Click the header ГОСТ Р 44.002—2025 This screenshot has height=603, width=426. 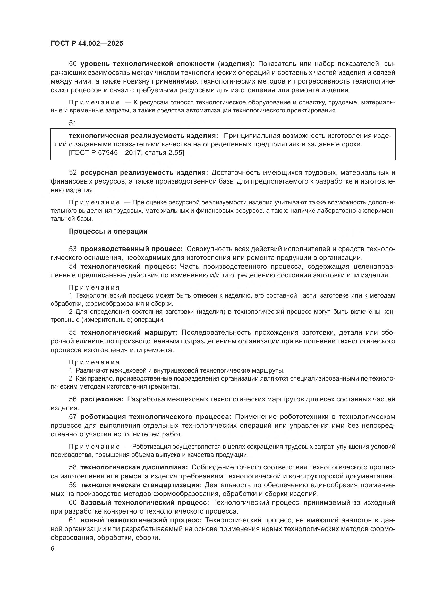click(x=87, y=44)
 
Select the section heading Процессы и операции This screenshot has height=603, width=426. click(x=108, y=231)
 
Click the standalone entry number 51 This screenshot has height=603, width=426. click(x=73, y=123)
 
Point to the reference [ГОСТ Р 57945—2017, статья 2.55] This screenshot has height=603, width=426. click(x=126, y=153)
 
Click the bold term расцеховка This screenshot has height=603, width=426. click(x=102, y=399)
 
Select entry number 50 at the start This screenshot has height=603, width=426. click(x=73, y=64)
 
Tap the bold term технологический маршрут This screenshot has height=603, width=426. click(x=129, y=333)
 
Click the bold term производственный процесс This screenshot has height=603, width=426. click(x=131, y=249)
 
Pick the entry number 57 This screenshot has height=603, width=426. click(x=73, y=417)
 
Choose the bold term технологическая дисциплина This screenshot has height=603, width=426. click(x=134, y=467)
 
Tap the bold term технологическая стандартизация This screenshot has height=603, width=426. click(x=141, y=485)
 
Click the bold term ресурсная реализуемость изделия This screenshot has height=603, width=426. click(x=144, y=172)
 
